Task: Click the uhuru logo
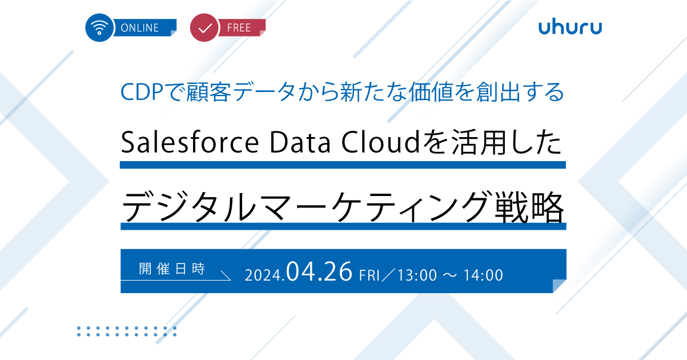point(570,27)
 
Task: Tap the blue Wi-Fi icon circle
point(99,27)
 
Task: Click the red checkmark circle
point(204,27)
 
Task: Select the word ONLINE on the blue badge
point(139,28)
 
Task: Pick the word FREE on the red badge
point(239,28)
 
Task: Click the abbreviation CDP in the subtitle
point(142,92)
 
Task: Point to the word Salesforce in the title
point(190,142)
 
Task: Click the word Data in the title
point(300,142)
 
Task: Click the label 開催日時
point(172,269)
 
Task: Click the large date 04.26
point(319,271)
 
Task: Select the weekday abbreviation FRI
point(369,275)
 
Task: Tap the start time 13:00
point(417,275)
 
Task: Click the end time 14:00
point(483,275)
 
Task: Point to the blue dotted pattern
point(127,331)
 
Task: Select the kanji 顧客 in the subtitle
point(208,92)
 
